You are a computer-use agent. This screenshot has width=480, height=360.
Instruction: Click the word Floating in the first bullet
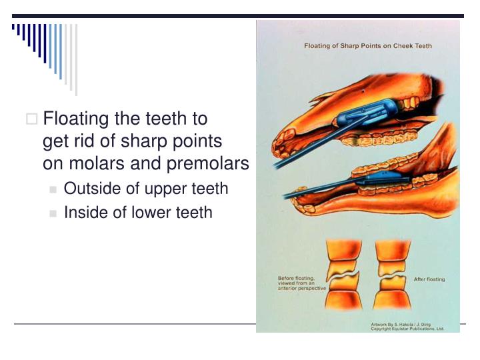[x=76, y=119]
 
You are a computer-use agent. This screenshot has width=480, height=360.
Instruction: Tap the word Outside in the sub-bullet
[x=87, y=189]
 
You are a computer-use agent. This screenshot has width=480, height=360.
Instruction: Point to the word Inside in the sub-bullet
[x=83, y=213]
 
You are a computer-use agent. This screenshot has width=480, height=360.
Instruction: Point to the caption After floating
[x=429, y=279]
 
